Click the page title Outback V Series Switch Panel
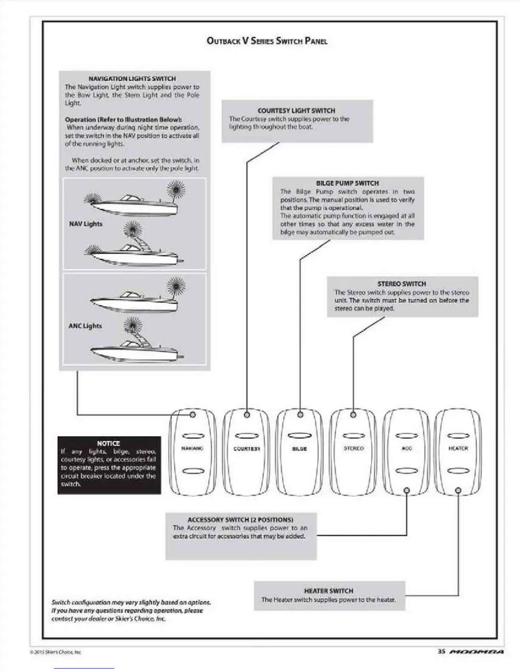tap(267, 41)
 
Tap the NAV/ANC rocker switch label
tap(192, 448)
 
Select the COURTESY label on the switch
tap(246, 448)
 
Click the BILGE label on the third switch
tap(300, 448)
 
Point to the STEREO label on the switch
tap(353, 448)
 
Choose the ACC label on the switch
tap(407, 448)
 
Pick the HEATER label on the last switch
tap(458, 448)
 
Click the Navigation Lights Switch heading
tap(132, 78)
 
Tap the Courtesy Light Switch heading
tap(297, 110)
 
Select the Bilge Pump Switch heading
tap(348, 183)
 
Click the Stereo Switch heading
tap(401, 284)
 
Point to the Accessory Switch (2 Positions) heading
tap(240, 520)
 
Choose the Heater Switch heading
tap(328, 591)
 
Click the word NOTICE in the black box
tap(108, 443)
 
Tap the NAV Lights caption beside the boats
tap(86, 224)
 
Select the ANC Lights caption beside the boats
tap(85, 326)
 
